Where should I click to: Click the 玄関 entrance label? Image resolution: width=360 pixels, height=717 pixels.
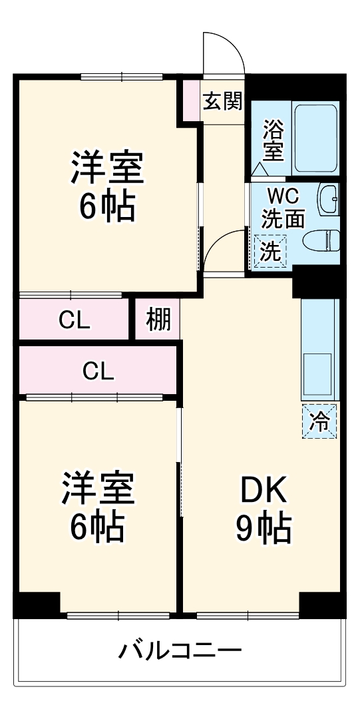pyautogui.click(x=222, y=101)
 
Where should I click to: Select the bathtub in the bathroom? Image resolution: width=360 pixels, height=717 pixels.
pyautogui.click(x=315, y=138)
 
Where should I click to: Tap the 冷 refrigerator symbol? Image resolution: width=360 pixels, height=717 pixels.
pyautogui.click(x=319, y=422)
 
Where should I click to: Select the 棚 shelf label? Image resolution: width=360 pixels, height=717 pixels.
pyautogui.click(x=158, y=320)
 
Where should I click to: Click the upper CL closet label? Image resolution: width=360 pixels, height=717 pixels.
pyautogui.click(x=75, y=322)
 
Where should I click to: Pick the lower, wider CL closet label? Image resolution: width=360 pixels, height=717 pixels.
pyautogui.click(x=98, y=371)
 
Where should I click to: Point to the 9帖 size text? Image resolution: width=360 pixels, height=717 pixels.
pyautogui.click(x=263, y=529)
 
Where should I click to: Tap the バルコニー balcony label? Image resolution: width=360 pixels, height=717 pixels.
pyautogui.click(x=180, y=650)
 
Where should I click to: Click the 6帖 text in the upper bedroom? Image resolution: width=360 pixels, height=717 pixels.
pyautogui.click(x=107, y=206)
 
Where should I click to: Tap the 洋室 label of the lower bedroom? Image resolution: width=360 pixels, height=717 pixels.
pyautogui.click(x=98, y=488)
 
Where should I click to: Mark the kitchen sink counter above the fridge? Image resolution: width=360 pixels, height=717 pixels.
pyautogui.click(x=320, y=350)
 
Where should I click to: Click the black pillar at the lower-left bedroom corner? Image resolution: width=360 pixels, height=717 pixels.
pyautogui.click(x=37, y=605)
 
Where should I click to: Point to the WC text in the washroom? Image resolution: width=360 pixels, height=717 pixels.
pyautogui.click(x=283, y=198)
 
